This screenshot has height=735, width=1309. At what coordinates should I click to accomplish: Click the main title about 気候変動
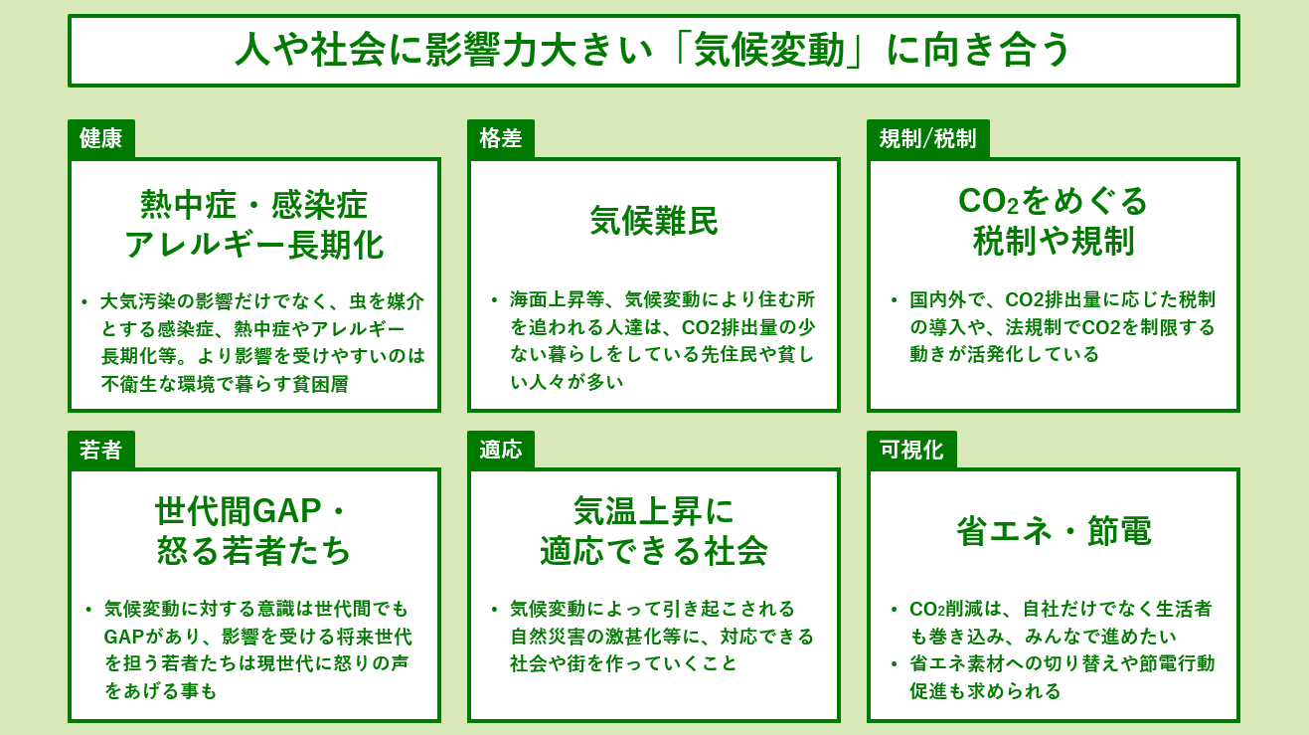653,50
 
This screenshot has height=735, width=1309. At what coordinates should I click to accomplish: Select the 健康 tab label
100,138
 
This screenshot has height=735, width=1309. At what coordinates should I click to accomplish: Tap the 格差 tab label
500,138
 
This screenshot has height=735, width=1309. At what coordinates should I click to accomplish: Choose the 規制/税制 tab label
927,138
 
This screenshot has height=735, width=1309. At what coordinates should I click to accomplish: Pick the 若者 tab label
100,450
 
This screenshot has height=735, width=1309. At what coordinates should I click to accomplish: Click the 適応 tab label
500,450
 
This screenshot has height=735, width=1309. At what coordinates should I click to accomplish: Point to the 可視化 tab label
910,450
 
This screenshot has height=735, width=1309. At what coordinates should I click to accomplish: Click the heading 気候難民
653,221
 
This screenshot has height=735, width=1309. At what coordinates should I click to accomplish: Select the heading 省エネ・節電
1054,531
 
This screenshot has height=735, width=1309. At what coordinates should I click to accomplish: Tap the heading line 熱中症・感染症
254,205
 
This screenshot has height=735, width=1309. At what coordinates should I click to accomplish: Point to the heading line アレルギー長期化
254,245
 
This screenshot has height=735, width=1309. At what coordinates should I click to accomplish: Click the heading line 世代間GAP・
254,511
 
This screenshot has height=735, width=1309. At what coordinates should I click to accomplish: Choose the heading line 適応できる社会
653,551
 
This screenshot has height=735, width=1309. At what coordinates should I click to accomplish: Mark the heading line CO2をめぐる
1054,201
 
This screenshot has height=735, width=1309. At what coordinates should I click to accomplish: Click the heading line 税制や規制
1054,241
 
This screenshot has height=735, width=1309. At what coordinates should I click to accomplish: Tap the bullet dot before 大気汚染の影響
84,300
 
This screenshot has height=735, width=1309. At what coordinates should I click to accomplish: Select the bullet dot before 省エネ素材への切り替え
895,663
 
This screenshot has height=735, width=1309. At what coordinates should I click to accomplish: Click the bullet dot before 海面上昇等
494,299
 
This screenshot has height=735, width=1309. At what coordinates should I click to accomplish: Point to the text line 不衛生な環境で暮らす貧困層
225,384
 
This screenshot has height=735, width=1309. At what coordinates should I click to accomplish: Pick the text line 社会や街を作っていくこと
623,663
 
